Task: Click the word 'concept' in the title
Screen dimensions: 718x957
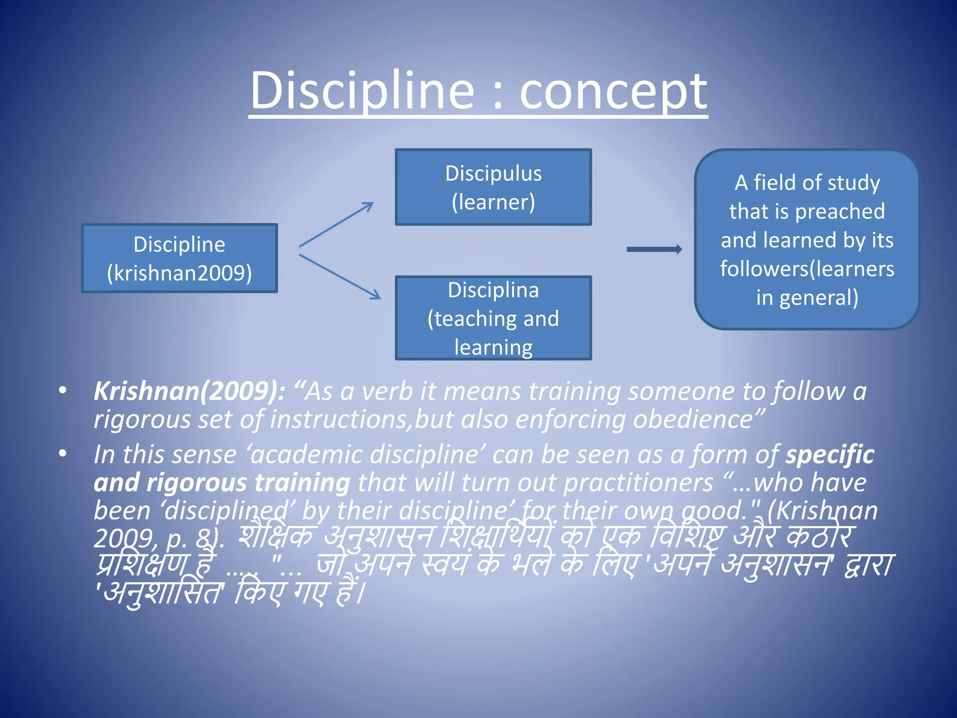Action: point(613,91)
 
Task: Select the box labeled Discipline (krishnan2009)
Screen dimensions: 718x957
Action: point(179,258)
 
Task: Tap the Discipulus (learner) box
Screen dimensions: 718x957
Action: point(493,187)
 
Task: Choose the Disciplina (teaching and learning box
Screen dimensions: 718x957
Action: point(493,318)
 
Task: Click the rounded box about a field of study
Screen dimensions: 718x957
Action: point(807,239)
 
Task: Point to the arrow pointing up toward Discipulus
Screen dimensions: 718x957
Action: point(336,224)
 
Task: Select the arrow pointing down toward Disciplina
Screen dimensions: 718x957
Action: point(340,277)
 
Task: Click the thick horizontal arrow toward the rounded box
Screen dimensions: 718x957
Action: point(654,249)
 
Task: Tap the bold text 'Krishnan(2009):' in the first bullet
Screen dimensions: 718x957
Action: point(189,391)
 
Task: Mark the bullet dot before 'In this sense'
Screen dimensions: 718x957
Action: point(63,453)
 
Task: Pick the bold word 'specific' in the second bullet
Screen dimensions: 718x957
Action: point(829,454)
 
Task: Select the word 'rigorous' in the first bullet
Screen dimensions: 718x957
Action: point(142,419)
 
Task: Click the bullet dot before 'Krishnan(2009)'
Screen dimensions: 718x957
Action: point(63,390)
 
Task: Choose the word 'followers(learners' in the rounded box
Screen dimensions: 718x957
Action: point(807,269)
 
